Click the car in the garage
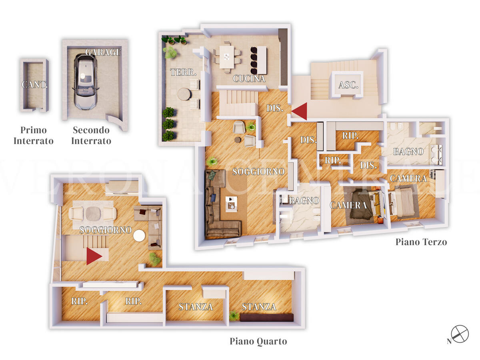85,82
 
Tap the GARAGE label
103,52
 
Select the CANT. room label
34,84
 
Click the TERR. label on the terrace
183,72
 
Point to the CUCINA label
249,79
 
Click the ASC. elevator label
348,85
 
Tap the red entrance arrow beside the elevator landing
299,111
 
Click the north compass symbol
460,334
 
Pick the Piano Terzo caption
421,242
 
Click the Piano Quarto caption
258,341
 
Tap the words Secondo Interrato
91,136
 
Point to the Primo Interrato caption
34,136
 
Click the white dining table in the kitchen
226,57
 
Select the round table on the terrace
184,94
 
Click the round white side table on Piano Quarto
139,236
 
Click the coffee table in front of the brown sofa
231,204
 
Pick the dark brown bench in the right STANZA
266,317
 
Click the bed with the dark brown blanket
363,204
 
